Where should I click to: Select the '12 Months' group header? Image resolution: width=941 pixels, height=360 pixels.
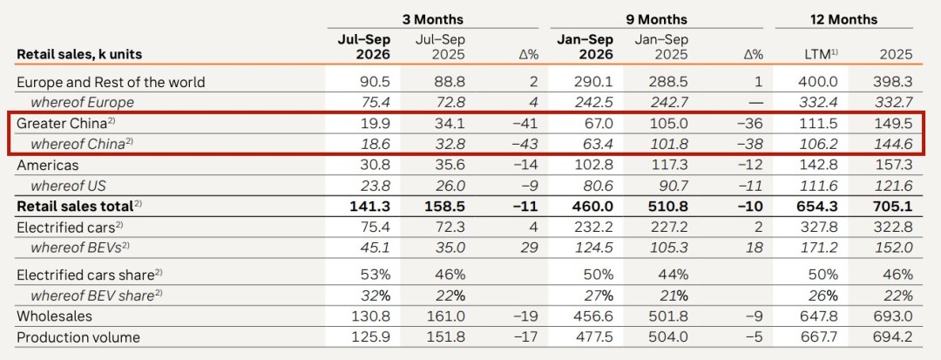(843, 19)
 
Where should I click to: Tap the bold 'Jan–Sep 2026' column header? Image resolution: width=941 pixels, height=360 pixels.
(586, 47)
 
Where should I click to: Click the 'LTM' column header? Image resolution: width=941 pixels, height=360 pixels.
(822, 54)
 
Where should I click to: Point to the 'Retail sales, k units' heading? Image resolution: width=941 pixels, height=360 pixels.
(79, 54)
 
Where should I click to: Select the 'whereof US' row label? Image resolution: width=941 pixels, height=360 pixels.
(69, 186)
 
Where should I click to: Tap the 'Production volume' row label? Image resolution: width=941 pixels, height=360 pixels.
(78, 337)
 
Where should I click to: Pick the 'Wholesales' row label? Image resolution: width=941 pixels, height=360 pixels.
(55, 316)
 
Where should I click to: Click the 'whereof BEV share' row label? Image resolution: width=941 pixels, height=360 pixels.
(97, 295)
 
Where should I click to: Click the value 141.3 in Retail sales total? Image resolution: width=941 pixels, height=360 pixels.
(369, 207)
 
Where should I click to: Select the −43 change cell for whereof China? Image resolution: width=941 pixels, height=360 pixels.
(526, 144)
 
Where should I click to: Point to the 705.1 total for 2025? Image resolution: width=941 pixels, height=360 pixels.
(892, 207)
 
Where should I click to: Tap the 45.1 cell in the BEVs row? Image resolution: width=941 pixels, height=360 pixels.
(377, 248)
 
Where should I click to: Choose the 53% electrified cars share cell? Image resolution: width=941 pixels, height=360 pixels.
(376, 275)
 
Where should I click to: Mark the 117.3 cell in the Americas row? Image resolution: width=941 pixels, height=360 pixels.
(670, 165)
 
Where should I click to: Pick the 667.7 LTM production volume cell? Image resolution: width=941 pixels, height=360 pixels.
(823, 337)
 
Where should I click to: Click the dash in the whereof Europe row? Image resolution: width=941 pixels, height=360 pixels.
(757, 103)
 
